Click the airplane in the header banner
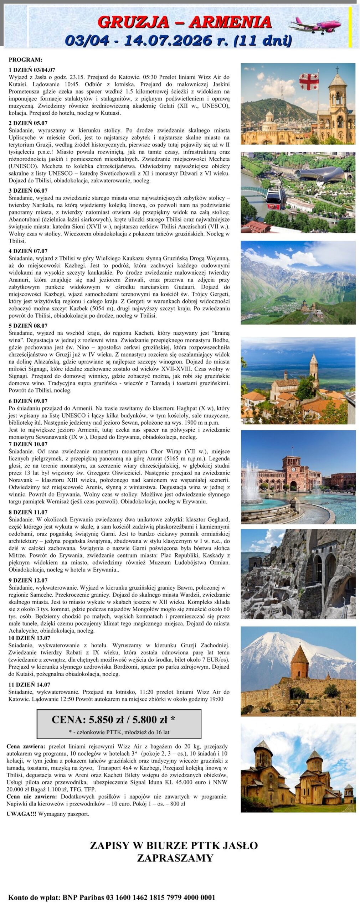click(315, 25)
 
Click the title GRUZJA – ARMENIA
click(184, 22)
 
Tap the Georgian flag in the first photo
click(309, 82)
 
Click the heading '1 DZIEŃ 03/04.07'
click(32, 70)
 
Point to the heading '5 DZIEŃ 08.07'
click(28, 326)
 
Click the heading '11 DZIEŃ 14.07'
click(30, 684)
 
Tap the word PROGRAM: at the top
click(26, 59)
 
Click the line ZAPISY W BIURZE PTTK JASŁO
click(174, 845)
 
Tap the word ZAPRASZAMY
click(175, 857)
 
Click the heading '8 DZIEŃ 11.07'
click(28, 512)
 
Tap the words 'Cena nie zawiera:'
click(32, 796)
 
